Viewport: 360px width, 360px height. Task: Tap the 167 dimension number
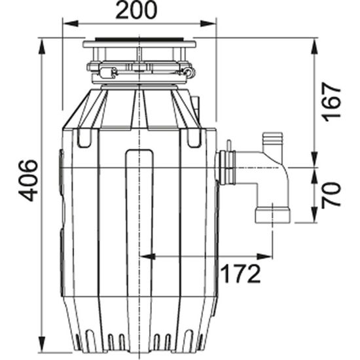tap(333, 101)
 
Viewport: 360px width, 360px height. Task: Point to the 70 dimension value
tap(333, 195)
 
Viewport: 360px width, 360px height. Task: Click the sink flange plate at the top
tap(139, 45)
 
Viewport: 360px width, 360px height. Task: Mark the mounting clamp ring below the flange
tap(139, 67)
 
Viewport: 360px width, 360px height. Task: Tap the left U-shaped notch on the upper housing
tap(84, 138)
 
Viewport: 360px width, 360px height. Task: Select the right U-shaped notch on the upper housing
tap(194, 138)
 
